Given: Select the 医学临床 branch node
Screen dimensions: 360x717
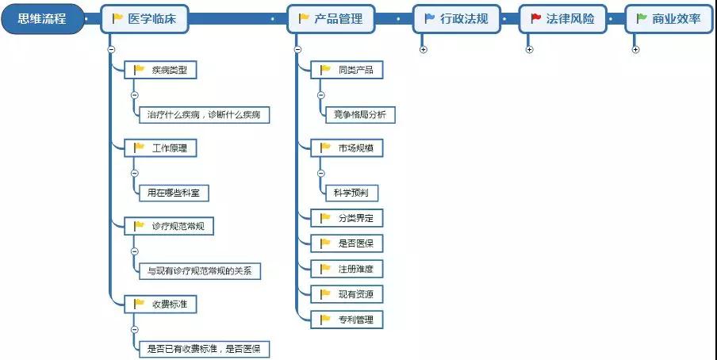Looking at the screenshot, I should (144, 19).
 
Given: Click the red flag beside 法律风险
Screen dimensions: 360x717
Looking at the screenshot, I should (535, 18).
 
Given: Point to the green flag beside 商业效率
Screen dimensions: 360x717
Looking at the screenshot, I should (642, 18).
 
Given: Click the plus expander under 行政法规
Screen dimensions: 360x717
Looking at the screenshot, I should (423, 49).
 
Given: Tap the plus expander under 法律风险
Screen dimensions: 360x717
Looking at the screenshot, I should (529, 49).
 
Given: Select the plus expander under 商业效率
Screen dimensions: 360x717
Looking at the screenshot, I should (635, 49).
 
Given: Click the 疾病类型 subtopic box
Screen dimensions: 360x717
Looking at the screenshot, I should (161, 70).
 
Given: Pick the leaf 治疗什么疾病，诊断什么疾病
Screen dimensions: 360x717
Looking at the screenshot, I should (203, 114).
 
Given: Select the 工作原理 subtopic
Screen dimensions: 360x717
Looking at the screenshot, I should (161, 147).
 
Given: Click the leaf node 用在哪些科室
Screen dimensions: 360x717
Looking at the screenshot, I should (173, 192).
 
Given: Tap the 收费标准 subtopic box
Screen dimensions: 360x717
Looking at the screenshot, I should (161, 303).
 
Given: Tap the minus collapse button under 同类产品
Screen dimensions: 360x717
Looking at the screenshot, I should (320, 94).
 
